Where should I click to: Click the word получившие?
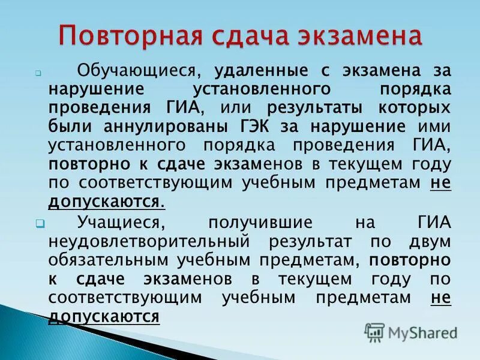pos(260,223)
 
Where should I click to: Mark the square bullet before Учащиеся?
pos(39,223)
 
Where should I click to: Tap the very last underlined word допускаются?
pos(104,316)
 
